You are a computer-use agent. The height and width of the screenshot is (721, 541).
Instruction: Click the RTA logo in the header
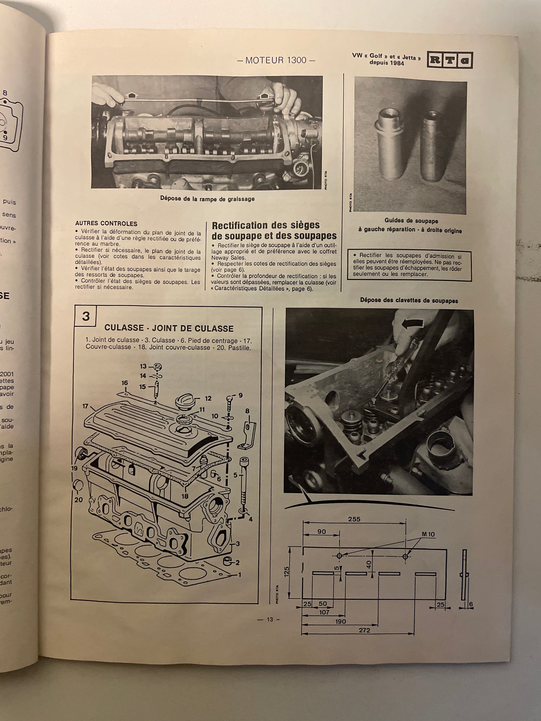click(x=450, y=60)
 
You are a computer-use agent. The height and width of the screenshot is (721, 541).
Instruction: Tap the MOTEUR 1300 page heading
click(x=276, y=60)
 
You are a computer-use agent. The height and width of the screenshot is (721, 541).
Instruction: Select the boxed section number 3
click(x=86, y=316)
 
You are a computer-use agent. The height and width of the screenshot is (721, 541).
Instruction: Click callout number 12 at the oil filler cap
click(x=208, y=398)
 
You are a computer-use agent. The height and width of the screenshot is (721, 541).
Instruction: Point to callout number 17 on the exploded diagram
click(x=85, y=406)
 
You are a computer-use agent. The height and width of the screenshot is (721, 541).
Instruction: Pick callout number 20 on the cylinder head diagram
click(x=78, y=499)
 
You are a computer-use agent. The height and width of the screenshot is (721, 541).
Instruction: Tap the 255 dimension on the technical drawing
click(x=354, y=519)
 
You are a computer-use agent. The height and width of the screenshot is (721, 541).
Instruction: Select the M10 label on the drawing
click(x=428, y=534)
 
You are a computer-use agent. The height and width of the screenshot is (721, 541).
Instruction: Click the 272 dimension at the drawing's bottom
click(x=364, y=630)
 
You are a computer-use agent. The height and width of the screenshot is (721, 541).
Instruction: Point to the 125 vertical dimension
click(x=287, y=572)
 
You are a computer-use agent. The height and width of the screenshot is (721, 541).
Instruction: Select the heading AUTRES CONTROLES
click(x=106, y=224)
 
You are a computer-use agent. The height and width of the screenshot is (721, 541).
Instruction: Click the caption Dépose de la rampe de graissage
click(x=207, y=199)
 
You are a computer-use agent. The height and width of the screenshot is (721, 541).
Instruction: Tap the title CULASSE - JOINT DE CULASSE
click(x=169, y=329)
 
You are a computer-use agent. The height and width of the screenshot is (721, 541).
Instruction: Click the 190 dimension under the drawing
click(x=341, y=621)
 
